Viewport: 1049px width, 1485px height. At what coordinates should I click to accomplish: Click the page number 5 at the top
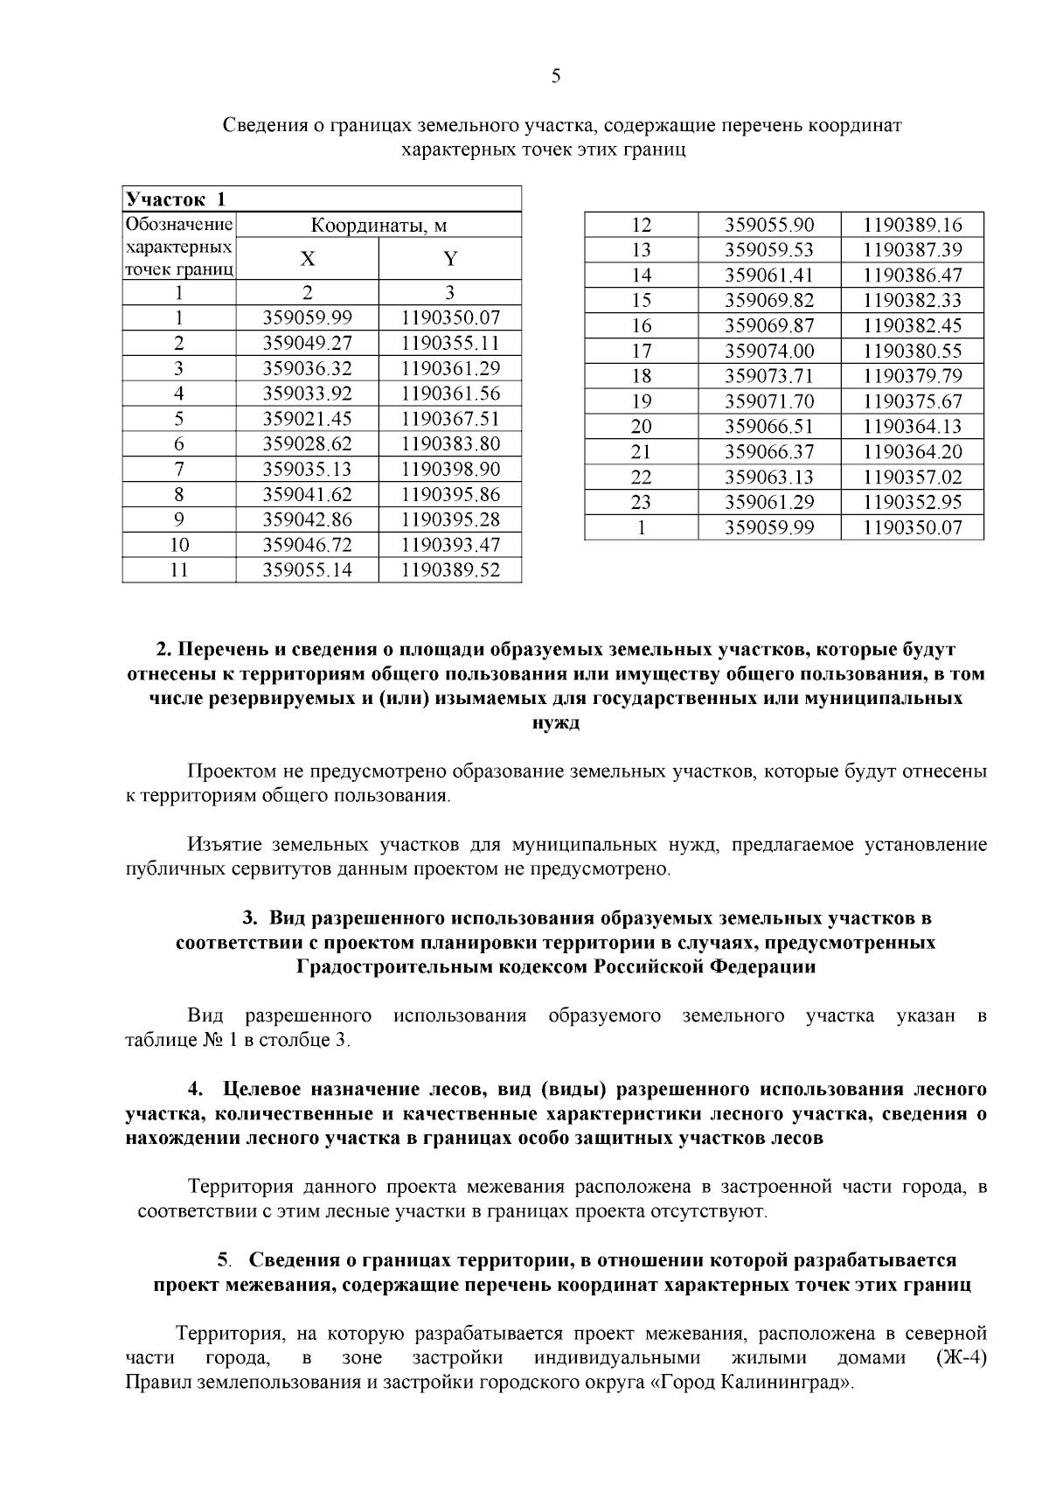(x=556, y=76)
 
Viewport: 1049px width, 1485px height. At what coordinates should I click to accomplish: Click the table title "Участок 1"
(x=176, y=199)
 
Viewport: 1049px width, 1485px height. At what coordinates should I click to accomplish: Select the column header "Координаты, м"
(x=379, y=226)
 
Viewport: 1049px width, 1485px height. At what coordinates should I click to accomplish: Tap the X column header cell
(x=308, y=259)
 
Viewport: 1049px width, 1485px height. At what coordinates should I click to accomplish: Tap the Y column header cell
(x=450, y=259)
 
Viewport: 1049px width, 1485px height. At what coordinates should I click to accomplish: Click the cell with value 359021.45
(x=308, y=419)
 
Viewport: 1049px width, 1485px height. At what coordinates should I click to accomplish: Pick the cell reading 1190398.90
(x=450, y=470)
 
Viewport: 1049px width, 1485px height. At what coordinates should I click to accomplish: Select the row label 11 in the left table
(x=179, y=570)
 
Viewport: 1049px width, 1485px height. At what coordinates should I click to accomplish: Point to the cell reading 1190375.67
(x=912, y=401)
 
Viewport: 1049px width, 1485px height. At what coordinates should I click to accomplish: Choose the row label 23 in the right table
(x=642, y=503)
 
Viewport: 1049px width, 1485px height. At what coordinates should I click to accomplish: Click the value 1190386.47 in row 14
(x=912, y=275)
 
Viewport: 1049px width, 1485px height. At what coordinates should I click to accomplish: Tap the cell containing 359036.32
(x=308, y=368)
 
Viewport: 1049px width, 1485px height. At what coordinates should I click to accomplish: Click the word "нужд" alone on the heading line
(x=556, y=723)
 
